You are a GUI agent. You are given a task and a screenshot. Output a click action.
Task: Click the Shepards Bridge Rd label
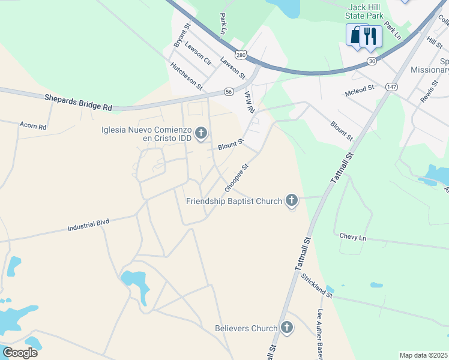(78, 102)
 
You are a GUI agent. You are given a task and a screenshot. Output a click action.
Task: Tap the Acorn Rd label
(33, 127)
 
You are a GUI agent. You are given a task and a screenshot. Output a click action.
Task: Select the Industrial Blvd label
(88, 225)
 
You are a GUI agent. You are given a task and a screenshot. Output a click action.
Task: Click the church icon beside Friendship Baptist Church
(292, 200)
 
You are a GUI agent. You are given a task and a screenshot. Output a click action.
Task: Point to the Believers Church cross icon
(287, 328)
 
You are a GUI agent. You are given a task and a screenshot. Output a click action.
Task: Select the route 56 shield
(229, 92)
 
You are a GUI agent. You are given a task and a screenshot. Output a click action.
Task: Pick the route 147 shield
(391, 87)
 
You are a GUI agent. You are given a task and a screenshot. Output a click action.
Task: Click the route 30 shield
(372, 61)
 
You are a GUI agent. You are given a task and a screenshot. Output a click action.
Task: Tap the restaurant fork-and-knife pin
(370, 37)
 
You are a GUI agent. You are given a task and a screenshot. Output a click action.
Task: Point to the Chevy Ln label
(352, 237)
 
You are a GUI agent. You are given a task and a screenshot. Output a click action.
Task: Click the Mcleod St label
(360, 88)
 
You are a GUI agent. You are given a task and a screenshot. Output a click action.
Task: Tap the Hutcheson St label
(187, 76)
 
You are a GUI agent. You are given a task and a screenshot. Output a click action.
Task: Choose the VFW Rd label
(250, 103)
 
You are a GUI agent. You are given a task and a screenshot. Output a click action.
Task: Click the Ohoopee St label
(236, 178)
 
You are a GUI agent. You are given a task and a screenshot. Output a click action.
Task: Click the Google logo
(20, 352)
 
